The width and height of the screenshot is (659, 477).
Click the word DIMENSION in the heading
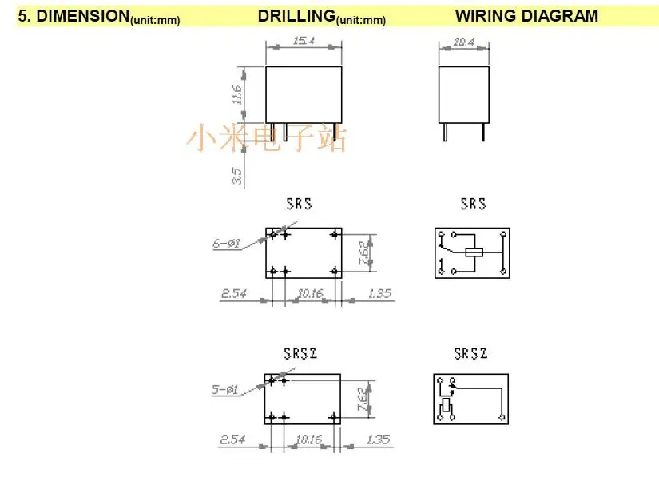83,16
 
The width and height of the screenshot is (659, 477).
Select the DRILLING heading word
296,16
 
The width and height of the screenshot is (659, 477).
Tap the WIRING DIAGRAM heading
526,16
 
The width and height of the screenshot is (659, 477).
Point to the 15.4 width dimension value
304,40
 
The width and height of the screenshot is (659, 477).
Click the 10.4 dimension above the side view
464,42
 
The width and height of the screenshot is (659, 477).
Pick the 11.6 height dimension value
237,94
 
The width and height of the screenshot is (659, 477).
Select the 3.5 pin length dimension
237,176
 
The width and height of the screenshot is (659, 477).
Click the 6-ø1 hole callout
227,244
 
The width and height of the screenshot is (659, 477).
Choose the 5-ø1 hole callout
224,390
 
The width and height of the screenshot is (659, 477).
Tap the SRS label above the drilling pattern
300,204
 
